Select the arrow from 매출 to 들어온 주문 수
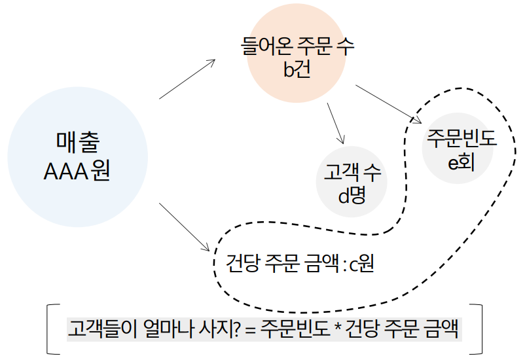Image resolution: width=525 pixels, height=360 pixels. [187, 79]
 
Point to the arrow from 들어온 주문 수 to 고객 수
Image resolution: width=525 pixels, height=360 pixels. [335, 122]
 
